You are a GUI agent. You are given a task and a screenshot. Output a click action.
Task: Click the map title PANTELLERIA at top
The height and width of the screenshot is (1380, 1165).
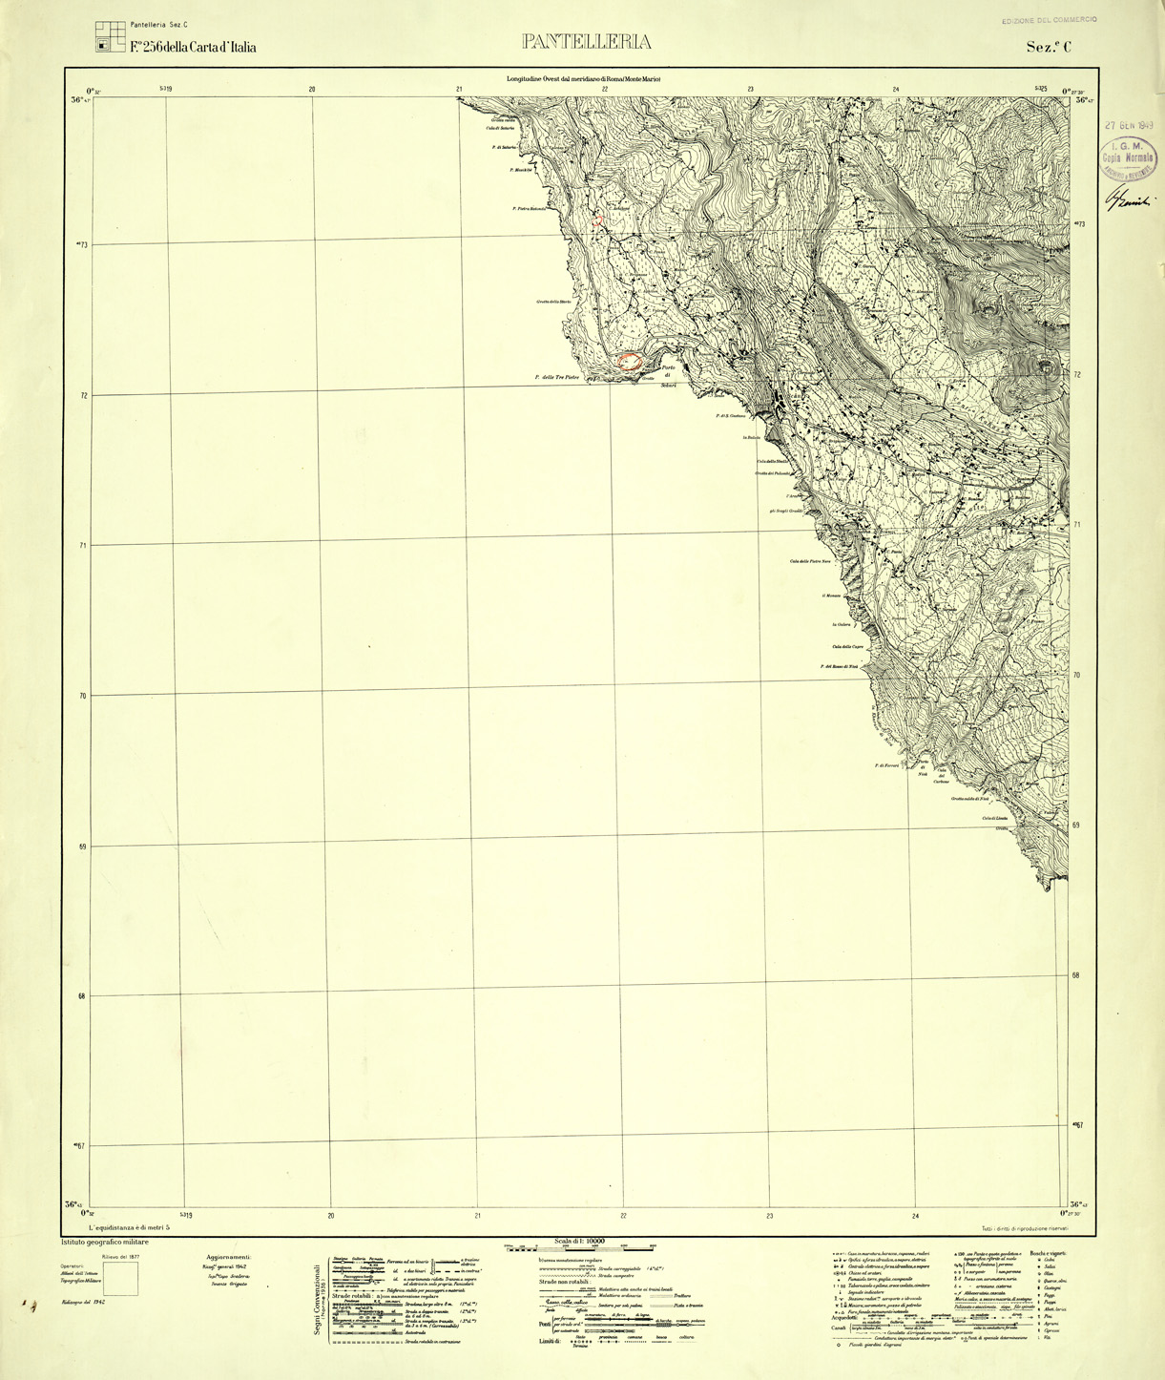point(586,42)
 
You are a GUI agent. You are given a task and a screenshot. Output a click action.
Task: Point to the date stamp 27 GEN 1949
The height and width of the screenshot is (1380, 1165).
point(1129,126)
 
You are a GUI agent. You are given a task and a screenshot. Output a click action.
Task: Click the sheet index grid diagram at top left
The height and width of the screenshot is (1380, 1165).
point(110,36)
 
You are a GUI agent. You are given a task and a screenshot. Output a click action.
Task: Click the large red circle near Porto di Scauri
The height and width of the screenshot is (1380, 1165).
point(629,360)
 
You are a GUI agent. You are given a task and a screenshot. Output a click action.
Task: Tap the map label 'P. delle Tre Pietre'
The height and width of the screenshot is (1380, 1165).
point(556,378)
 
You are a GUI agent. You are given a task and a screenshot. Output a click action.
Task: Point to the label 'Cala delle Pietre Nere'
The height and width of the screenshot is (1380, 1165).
point(810,561)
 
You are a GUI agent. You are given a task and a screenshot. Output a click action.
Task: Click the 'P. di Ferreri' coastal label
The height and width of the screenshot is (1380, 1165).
point(886,764)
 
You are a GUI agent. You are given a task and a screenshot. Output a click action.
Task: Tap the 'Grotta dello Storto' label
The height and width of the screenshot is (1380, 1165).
point(553,303)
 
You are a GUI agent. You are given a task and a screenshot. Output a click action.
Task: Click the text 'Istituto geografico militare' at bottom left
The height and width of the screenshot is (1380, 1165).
point(105,1242)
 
